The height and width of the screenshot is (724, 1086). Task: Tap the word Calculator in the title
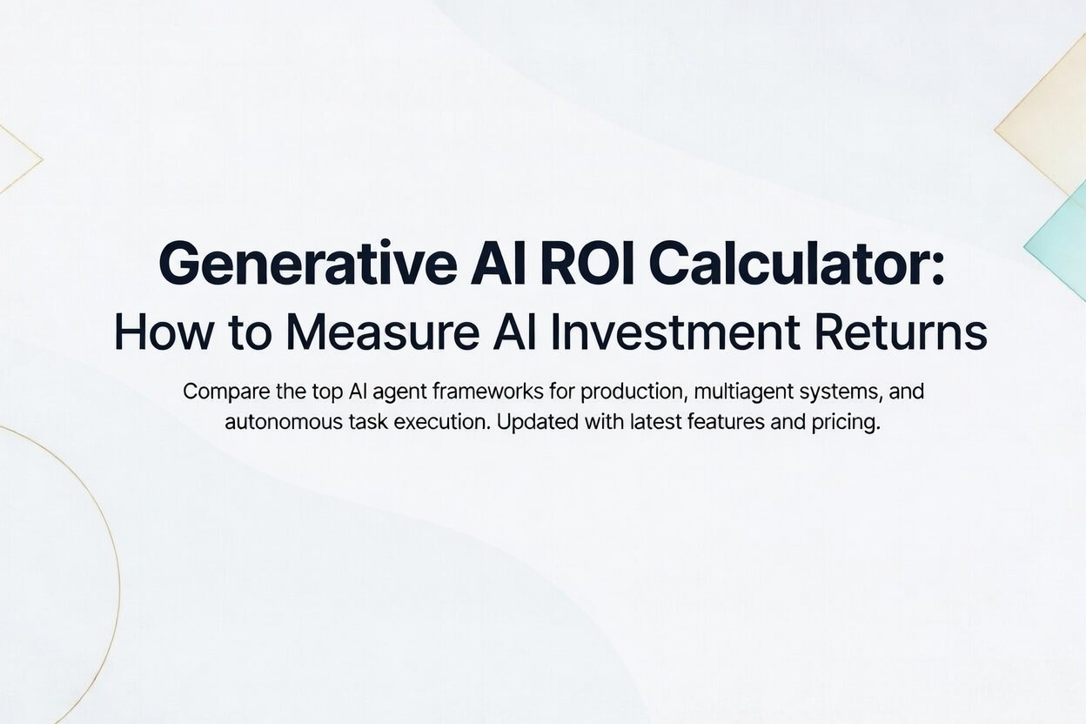795,264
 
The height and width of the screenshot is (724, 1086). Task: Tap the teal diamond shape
1062,239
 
